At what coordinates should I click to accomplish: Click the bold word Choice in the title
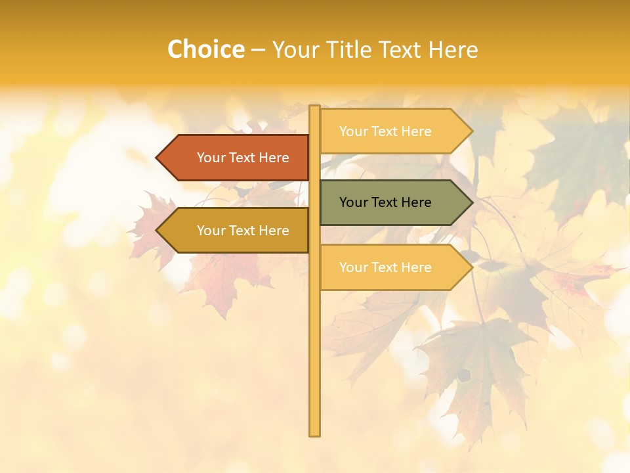tap(205, 49)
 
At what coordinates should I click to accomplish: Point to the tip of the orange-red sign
tap(157, 158)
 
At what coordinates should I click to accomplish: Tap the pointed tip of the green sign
tap(471, 202)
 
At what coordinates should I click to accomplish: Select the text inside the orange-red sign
tap(243, 158)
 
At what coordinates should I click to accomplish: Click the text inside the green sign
tap(385, 202)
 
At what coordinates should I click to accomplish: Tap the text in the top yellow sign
tap(385, 131)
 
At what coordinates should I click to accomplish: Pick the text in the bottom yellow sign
tap(385, 267)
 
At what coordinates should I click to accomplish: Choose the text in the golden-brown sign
tap(243, 231)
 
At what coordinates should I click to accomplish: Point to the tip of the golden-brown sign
tap(157, 231)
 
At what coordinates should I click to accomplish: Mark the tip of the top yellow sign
tap(471, 131)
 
